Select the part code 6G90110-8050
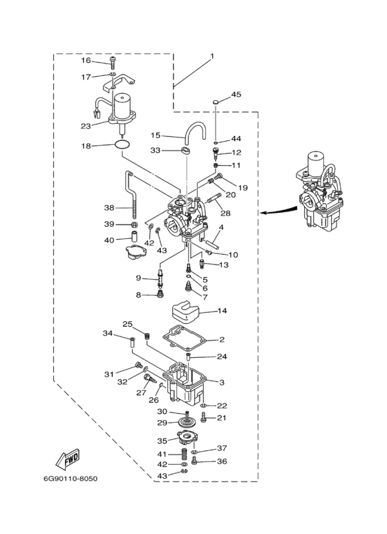point(70,479)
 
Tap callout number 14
point(222,311)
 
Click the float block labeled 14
point(185,312)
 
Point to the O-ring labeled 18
point(122,145)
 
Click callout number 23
point(86,126)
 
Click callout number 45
point(236,95)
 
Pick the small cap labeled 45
point(216,102)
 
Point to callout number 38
point(109,207)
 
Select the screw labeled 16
point(113,64)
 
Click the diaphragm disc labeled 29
point(188,423)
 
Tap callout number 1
point(212,56)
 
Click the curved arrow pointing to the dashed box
point(277,211)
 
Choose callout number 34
point(108,333)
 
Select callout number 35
point(162,441)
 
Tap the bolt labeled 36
point(195,461)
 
